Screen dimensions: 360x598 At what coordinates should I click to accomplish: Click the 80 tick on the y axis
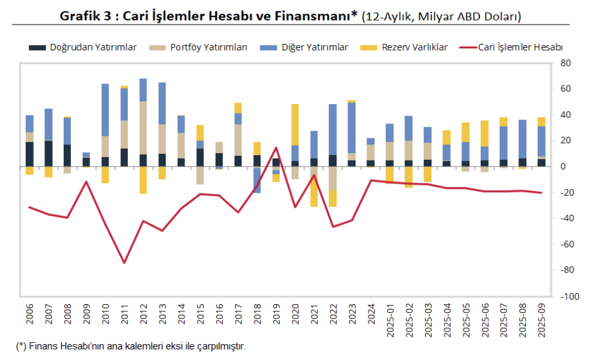pyautogui.click(x=566, y=63)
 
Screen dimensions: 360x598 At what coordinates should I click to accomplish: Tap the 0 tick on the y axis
pyautogui.click(x=563, y=166)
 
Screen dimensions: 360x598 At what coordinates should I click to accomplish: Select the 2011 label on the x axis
pyautogui.click(x=124, y=314)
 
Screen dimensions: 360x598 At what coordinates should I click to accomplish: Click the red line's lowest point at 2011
pyautogui.click(x=124, y=263)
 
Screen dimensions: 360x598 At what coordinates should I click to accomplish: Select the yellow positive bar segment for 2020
pyautogui.click(x=295, y=125)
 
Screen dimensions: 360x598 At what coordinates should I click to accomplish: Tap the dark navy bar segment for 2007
pyautogui.click(x=48, y=153)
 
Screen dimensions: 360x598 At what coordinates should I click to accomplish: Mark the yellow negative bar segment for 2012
pyautogui.click(x=143, y=180)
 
